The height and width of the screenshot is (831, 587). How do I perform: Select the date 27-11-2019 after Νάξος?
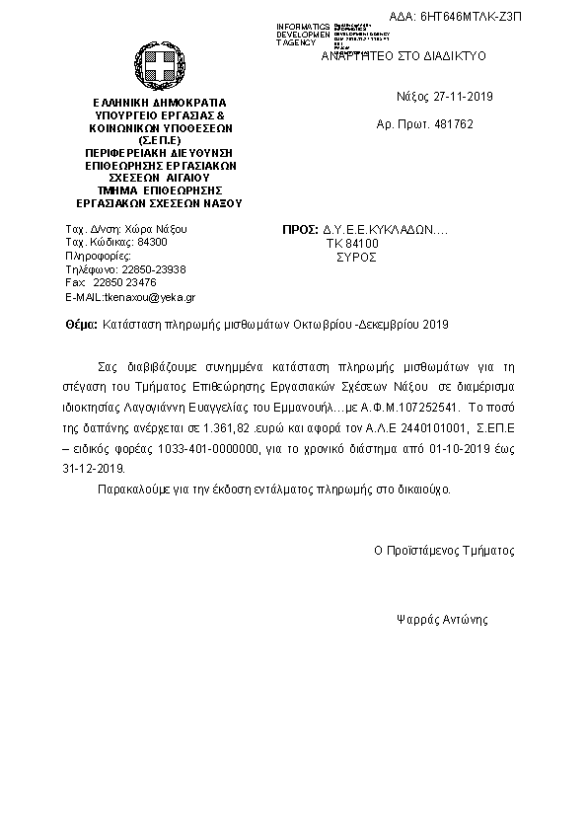pos(461,97)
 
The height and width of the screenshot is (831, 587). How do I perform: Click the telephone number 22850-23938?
pos(152,269)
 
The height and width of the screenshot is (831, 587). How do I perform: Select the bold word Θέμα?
pos(81,324)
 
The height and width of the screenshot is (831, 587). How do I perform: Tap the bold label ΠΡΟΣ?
pos(300,229)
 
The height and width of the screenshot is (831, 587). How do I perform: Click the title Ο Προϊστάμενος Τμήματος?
pos(443,551)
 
